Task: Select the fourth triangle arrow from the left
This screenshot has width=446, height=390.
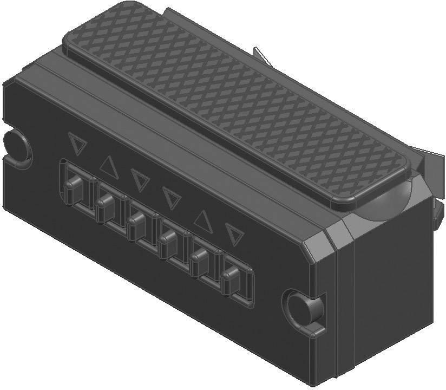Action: coord(171,198)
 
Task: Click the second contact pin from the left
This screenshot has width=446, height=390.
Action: coord(104,205)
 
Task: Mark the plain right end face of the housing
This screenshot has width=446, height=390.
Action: coord(390,292)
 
